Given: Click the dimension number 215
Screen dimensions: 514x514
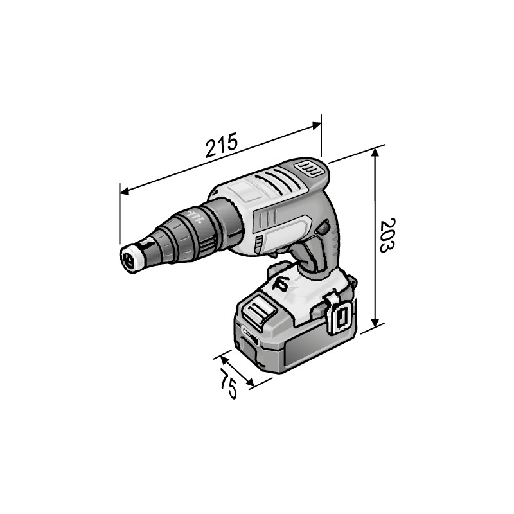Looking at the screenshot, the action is coord(221,145).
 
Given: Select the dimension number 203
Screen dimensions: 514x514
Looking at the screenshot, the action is coord(387,235).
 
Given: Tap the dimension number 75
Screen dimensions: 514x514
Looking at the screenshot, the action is coord(228,384).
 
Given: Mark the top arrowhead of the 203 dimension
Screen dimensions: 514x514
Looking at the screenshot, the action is coord(376,152).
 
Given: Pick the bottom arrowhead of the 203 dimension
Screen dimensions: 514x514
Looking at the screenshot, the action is coord(376,323).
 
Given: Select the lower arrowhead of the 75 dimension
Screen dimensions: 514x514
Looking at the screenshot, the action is coord(250,382).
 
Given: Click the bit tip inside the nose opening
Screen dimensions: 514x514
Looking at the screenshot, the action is coord(128,261).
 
